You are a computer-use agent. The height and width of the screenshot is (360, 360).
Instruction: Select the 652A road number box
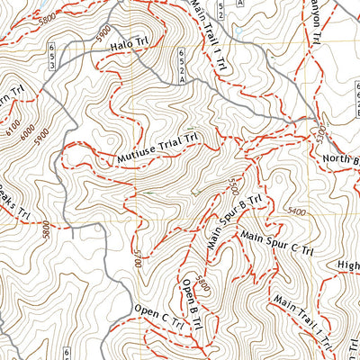[x=184, y=67]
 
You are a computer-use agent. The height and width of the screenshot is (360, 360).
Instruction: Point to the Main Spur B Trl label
[x=233, y=219]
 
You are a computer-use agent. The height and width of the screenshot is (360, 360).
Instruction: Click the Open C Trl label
[x=155, y=322]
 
